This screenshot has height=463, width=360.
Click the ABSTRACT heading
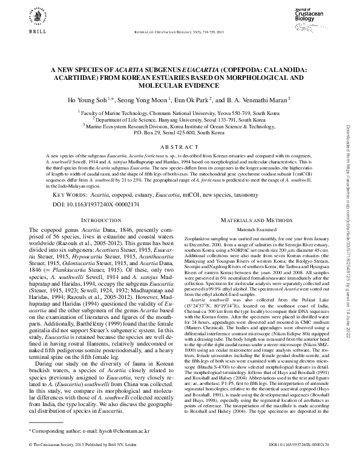point(180,146)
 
